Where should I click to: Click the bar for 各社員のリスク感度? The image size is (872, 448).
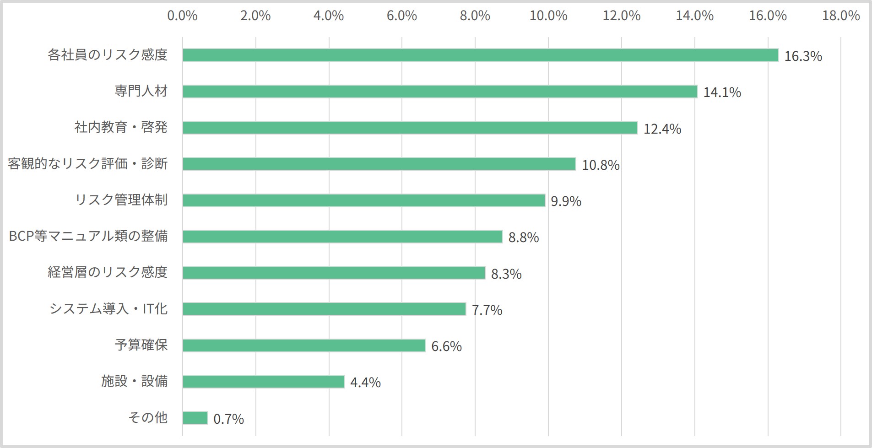tap(481, 55)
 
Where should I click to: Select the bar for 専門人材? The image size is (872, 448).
tap(440, 92)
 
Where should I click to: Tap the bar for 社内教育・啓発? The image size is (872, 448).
tap(410, 128)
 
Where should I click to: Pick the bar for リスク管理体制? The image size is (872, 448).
tap(364, 200)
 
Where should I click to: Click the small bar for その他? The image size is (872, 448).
tap(195, 418)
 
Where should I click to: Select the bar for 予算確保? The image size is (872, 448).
tap(304, 345)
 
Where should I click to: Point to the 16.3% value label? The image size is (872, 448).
tap(803, 56)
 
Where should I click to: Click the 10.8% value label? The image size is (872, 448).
tap(601, 165)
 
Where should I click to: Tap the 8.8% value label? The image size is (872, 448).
tap(524, 237)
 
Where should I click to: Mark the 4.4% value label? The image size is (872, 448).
tap(365, 383)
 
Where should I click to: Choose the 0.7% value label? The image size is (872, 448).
tap(228, 419)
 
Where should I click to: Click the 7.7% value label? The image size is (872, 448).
tap(487, 310)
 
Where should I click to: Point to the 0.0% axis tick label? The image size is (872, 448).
tap(182, 16)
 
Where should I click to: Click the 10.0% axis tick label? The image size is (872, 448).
tap(548, 16)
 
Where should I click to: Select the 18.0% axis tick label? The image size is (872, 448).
tap(841, 16)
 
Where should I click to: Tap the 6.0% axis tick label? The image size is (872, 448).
tap(402, 16)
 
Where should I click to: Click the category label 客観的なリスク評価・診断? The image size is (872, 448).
tap(88, 163)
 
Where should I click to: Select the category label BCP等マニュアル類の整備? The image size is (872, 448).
tap(88, 236)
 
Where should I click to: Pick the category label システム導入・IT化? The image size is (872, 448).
tap(108, 309)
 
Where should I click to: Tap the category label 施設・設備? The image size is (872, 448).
tap(135, 381)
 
